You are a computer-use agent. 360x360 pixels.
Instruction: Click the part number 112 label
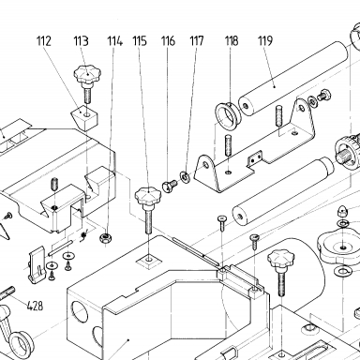coord(43,41)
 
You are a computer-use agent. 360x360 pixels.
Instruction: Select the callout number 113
coord(81,41)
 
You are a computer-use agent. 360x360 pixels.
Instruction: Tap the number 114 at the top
coord(115,41)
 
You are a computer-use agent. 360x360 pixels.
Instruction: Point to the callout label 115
coord(140,41)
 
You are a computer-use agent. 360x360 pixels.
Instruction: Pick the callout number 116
coord(168,41)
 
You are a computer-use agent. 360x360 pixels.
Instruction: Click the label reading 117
coord(197,41)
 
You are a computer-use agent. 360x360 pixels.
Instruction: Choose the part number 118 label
coord(232,41)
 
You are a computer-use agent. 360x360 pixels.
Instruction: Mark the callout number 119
coord(265,41)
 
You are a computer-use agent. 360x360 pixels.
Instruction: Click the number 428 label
coord(35,306)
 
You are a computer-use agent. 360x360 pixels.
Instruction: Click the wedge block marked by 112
coord(85,118)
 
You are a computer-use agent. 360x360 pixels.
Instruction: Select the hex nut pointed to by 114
coord(106,238)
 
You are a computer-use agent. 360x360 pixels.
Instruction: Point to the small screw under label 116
coord(169,186)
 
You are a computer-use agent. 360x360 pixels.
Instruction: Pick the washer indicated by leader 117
coord(185,177)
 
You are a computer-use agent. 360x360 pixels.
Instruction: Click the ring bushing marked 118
coord(227,116)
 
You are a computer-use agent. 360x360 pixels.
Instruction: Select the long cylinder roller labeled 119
coord(293,79)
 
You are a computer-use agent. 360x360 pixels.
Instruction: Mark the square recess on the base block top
coord(149,260)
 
